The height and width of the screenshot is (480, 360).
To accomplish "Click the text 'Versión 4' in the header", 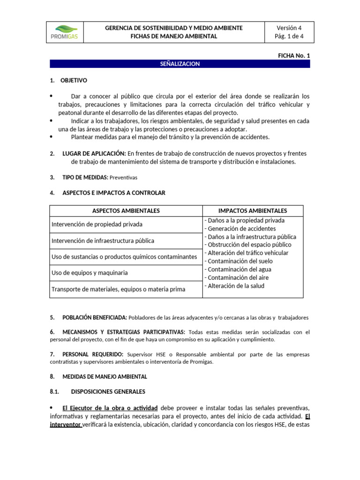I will tap(290, 28).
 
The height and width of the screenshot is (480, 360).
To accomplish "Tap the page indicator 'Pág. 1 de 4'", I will tap(290, 37).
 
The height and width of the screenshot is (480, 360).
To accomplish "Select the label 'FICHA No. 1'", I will tap(294, 55).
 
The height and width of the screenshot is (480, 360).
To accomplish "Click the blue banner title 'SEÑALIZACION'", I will tap(180, 64).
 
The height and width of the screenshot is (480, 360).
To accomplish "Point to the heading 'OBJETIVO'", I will tap(74, 81).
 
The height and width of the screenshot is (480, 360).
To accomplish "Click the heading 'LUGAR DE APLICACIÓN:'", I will tap(94, 154).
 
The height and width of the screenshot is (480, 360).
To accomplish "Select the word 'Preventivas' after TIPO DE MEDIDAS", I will tap(124, 178).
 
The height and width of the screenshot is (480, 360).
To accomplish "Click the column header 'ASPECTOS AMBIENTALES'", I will tap(126, 211).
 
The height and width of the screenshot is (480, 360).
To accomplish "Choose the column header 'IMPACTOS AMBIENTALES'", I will tap(253, 211).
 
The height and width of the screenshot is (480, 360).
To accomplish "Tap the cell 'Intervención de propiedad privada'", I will tap(97, 225).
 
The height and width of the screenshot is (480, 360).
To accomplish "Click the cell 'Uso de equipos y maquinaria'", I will tap(90, 272).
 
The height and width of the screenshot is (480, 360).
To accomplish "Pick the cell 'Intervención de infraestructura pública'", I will tap(103, 241).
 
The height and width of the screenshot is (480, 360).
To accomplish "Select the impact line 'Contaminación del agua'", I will tap(239, 270).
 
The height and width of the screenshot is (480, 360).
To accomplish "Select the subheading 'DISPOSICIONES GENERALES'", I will tap(108, 391).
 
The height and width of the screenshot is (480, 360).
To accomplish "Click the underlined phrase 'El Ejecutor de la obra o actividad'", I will tap(110, 407).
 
